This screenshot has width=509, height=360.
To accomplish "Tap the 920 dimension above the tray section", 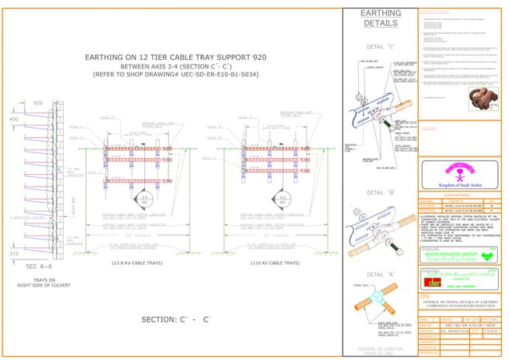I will point(38,103).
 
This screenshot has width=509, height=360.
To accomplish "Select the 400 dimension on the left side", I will point(12,119).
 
